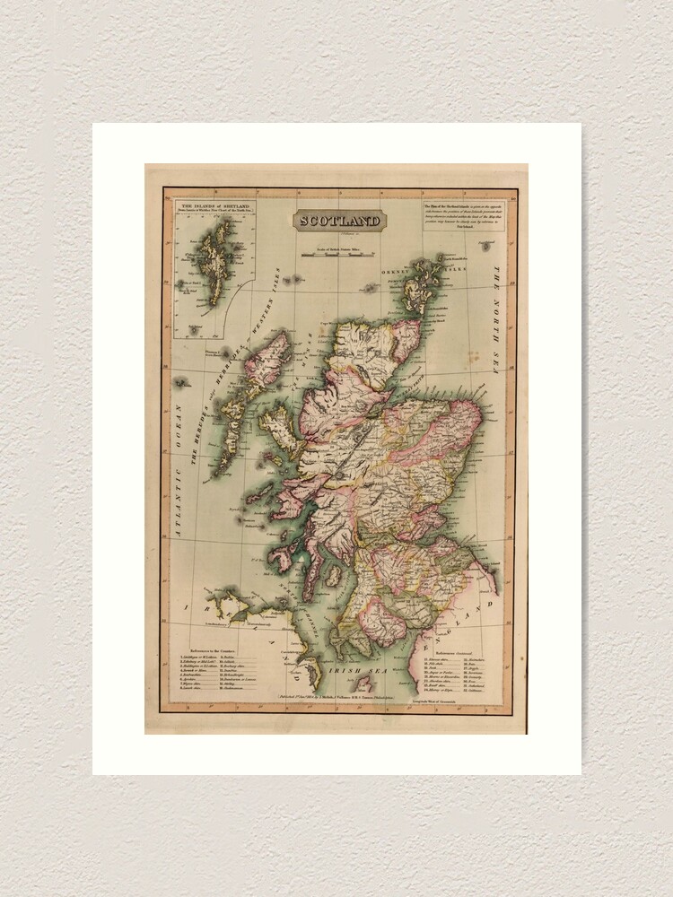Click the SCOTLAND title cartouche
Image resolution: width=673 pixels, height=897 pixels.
point(340,221)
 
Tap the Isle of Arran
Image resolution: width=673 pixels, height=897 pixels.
point(332,575)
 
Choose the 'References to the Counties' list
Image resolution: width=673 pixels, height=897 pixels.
point(222,668)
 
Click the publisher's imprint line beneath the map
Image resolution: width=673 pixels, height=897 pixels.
point(332,696)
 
